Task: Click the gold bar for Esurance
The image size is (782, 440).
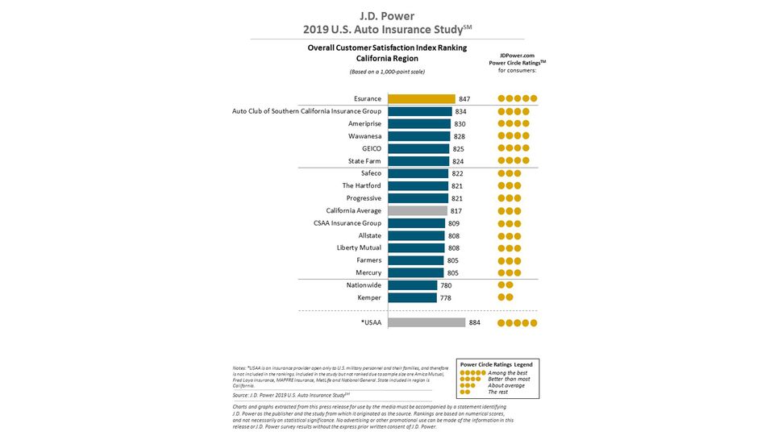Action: click(421, 98)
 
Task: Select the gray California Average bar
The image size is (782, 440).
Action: click(417, 210)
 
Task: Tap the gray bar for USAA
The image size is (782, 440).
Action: click(426, 322)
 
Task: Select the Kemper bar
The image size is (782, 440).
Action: click(412, 297)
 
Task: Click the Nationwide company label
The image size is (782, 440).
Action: click(360, 285)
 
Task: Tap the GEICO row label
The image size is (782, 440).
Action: click(369, 149)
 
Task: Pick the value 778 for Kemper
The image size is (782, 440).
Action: click(445, 297)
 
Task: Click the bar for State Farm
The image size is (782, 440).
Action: click(418, 161)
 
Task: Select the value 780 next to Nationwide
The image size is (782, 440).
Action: click(446, 285)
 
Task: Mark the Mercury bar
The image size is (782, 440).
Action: click(415, 272)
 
